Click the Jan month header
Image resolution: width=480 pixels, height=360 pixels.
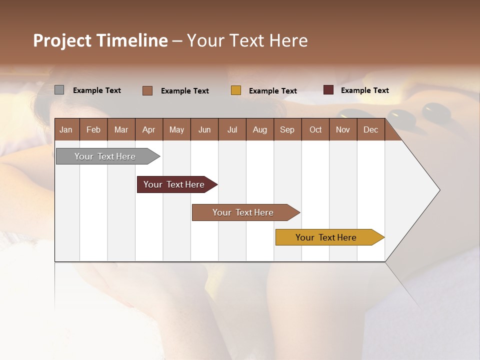(x=66, y=130)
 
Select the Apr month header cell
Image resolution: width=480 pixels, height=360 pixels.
(x=149, y=130)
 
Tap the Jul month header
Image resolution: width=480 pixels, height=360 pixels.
(x=232, y=130)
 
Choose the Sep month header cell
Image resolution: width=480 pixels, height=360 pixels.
(x=287, y=130)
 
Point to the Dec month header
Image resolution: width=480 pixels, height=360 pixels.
(x=370, y=130)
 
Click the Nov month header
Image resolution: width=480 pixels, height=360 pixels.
(x=343, y=130)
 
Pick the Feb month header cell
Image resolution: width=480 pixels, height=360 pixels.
(x=93, y=130)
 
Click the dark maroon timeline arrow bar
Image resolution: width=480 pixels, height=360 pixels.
(x=175, y=184)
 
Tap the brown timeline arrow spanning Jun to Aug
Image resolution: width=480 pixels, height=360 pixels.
(x=244, y=212)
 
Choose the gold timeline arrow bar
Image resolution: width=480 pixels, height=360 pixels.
(x=327, y=237)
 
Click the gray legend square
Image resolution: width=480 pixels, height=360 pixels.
(x=59, y=90)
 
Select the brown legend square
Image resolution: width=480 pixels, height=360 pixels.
(x=147, y=90)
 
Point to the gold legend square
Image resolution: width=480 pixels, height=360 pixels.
(x=236, y=90)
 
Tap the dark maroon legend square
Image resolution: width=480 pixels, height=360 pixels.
(x=328, y=90)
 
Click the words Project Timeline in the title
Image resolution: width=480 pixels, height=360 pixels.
(x=100, y=40)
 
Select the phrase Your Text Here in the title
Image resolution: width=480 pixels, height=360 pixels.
(x=247, y=40)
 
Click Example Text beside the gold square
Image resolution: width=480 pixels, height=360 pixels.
(x=273, y=91)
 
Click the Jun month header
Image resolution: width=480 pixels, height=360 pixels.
(x=204, y=130)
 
